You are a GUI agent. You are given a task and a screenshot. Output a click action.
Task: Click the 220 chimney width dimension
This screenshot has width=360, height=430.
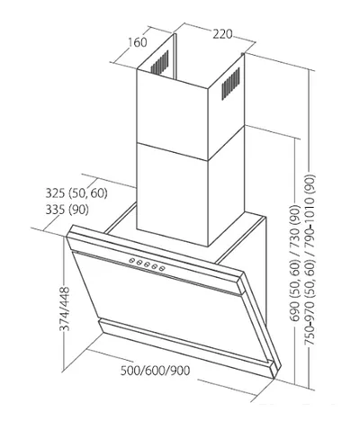point(222,34)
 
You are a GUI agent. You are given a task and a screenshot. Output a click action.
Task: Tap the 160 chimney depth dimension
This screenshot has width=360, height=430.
point(138,42)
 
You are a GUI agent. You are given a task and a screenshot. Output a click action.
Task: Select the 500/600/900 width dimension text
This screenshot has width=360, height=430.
point(155,371)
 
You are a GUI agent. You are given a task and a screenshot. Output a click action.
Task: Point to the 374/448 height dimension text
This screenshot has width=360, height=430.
point(65,309)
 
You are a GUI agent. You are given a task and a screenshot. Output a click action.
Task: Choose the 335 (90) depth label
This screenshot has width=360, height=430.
point(67,210)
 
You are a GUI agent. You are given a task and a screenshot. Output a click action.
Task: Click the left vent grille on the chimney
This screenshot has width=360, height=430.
point(159,62)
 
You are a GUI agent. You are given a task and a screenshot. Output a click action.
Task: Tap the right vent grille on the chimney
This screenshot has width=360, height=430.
point(230,84)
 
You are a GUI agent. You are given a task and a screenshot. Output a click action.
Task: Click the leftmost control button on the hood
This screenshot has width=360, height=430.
point(132,261)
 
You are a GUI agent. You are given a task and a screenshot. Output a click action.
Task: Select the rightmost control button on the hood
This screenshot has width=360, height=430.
point(162,269)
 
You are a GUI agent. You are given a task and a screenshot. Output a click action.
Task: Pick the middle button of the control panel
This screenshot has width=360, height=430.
point(147,264)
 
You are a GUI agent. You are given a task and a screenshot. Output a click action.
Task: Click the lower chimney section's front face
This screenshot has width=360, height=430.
point(173,195)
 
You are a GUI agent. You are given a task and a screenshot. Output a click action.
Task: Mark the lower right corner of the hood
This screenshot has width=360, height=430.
point(276,378)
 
